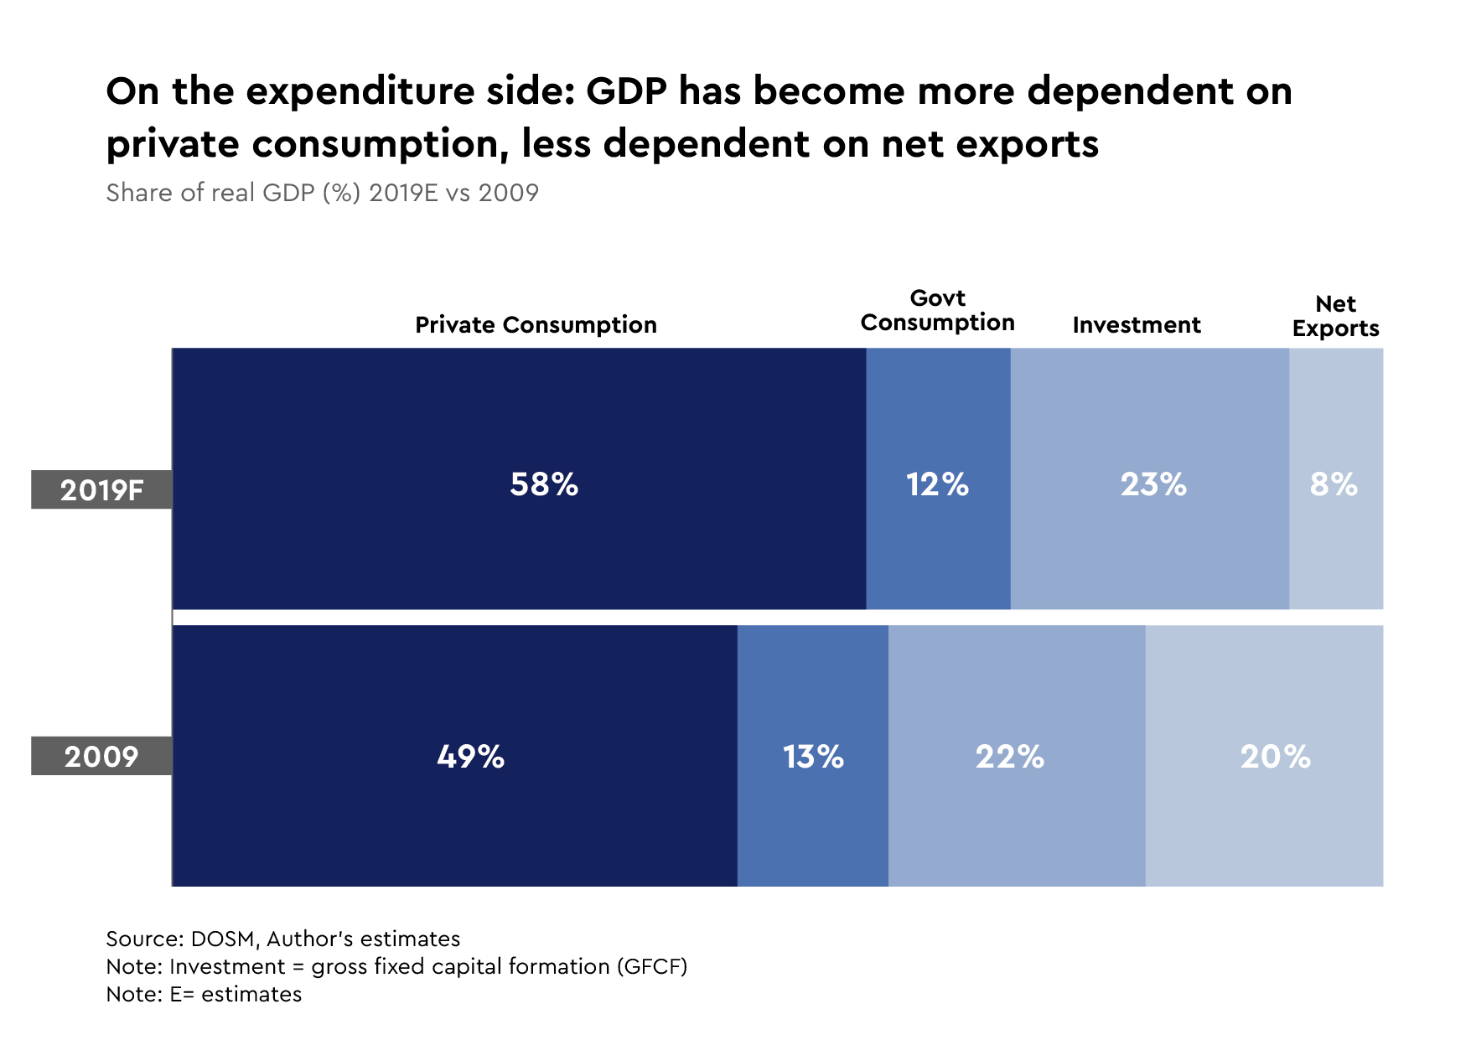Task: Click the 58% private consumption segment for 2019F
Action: point(519,479)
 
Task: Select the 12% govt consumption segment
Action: point(938,479)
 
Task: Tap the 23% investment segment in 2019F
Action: point(1149,479)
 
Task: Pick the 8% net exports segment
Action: point(1335,479)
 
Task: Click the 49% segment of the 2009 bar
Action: point(454,756)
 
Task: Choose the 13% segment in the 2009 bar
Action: point(812,756)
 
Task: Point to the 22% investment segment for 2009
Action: point(1016,756)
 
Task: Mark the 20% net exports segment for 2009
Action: point(1264,756)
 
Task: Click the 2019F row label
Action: point(101,490)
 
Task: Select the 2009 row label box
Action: point(101,757)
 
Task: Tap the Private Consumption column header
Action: point(536,325)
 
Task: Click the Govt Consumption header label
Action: point(937,311)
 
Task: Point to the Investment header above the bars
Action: point(1136,325)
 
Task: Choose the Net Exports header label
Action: point(1335,316)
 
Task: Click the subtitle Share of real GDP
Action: point(322,193)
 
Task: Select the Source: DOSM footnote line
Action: point(282,939)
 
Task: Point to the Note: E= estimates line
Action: point(204,995)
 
